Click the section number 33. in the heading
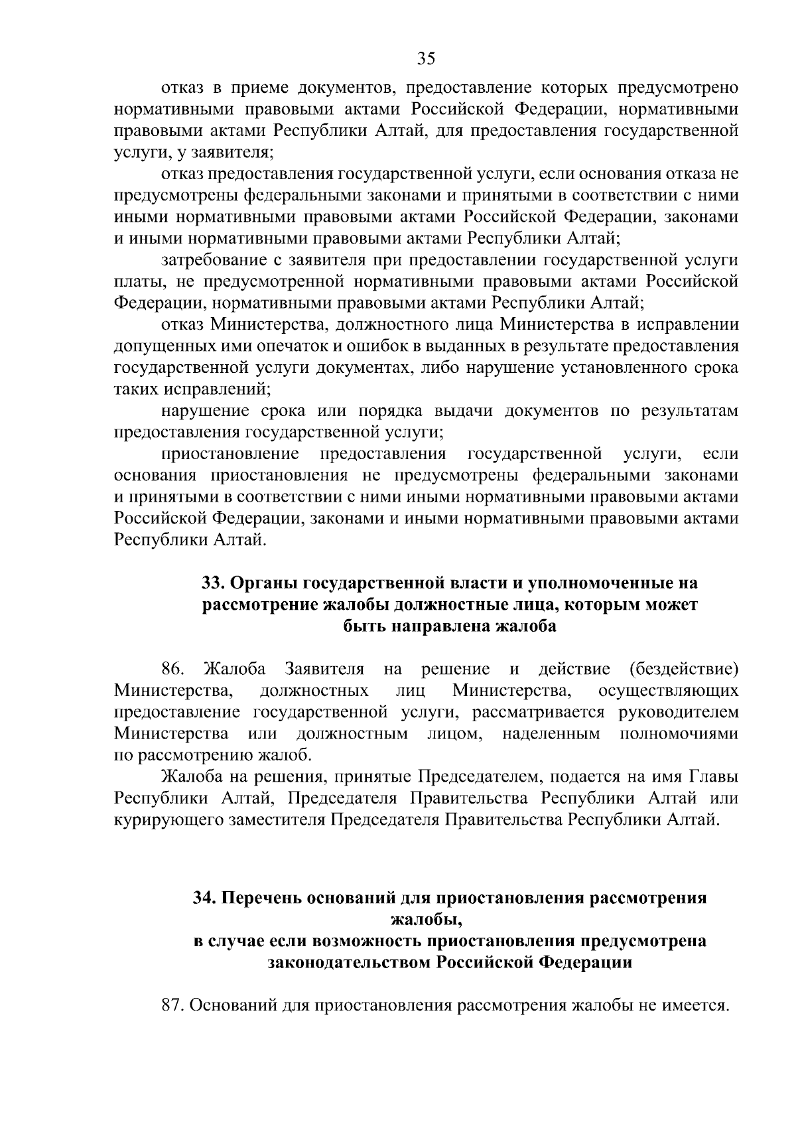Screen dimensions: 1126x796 click(214, 583)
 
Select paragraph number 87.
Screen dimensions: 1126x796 click(173, 1005)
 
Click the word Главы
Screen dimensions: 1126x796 click(714, 776)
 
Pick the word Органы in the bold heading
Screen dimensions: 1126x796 click(263, 583)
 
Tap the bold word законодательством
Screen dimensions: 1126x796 click(349, 962)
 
